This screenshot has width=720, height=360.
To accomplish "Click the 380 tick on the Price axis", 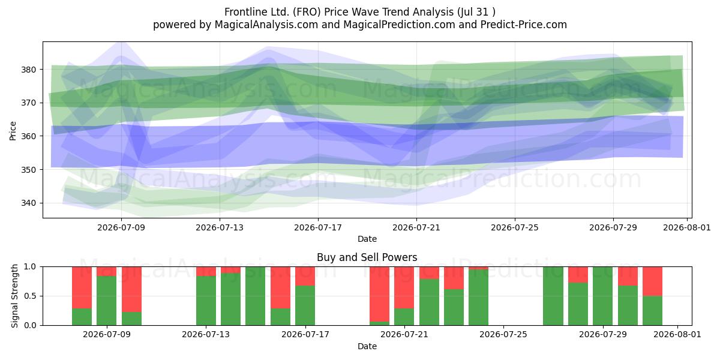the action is (x=28, y=70).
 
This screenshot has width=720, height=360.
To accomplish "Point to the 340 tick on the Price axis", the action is (x=28, y=203).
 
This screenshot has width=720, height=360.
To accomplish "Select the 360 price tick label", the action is (x=28, y=136).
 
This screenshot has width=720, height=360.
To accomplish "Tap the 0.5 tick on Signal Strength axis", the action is (x=31, y=296).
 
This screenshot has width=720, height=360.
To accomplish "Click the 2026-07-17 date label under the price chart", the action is (x=318, y=227).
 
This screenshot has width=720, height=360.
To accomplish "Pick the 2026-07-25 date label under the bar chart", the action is (x=503, y=335).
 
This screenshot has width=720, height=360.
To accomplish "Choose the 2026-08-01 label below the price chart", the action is (x=687, y=227).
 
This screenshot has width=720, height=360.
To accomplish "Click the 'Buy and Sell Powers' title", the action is (x=367, y=257).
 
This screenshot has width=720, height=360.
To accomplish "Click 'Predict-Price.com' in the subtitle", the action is (x=524, y=25).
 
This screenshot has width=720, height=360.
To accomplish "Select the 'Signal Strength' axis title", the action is (x=14, y=296).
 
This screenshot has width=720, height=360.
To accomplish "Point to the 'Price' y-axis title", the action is (x=13, y=131).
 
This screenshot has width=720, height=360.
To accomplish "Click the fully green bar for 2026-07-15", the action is (x=256, y=296).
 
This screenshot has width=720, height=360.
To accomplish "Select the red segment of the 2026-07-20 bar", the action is (x=380, y=294).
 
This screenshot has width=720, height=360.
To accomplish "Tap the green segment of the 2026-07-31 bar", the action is (x=653, y=311).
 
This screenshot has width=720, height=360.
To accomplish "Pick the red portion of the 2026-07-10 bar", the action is (x=132, y=289).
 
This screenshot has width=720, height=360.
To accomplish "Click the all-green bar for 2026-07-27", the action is (x=553, y=296).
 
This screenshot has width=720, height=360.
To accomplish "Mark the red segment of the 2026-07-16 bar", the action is (x=281, y=287).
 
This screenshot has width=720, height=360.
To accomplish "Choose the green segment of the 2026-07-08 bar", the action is (x=82, y=317).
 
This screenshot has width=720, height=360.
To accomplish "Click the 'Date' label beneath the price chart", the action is (x=367, y=239).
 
